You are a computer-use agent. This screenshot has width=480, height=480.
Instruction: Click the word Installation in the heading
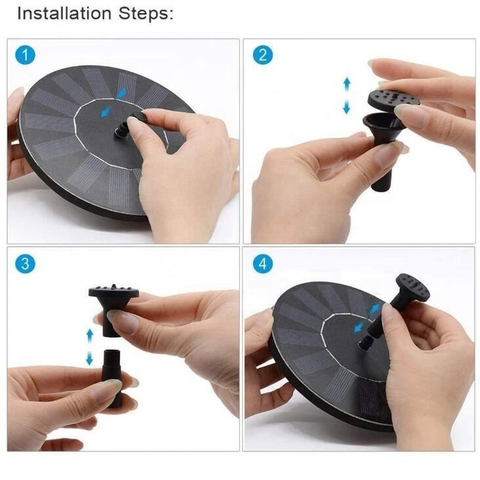click(64, 14)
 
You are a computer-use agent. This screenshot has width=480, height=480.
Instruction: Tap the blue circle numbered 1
click(26, 55)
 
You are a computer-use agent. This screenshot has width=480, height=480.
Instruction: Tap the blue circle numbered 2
click(263, 55)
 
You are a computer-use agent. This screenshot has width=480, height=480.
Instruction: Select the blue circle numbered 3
click(26, 264)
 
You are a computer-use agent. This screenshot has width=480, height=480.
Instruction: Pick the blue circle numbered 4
click(263, 264)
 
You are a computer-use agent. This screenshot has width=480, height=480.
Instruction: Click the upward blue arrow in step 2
click(347, 85)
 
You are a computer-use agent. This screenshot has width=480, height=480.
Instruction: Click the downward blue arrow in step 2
click(347, 106)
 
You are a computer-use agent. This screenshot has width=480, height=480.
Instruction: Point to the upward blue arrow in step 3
click(90, 336)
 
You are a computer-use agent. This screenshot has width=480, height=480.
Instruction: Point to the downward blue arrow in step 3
click(89, 357)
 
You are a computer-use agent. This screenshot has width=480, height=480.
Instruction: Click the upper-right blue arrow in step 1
click(121, 94)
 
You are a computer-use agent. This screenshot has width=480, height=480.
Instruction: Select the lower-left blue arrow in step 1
click(106, 111)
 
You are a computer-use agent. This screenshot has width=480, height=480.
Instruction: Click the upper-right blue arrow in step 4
click(374, 310)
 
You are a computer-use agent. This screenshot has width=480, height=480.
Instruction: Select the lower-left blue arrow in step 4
click(360, 327)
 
